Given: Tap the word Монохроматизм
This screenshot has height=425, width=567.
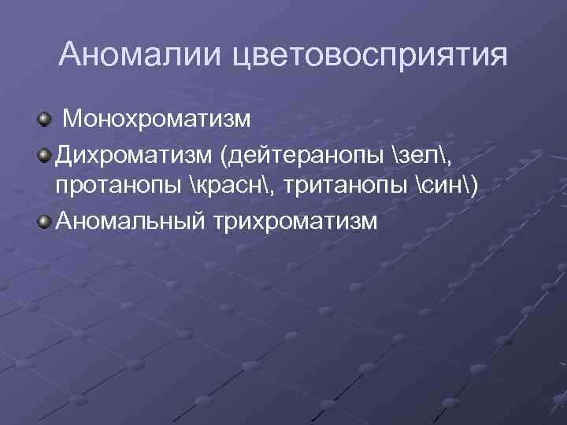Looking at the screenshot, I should (x=157, y=121).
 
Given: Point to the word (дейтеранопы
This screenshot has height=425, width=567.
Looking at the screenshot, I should (x=304, y=155).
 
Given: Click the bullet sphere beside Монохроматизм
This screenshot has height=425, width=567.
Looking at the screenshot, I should (x=43, y=120).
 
